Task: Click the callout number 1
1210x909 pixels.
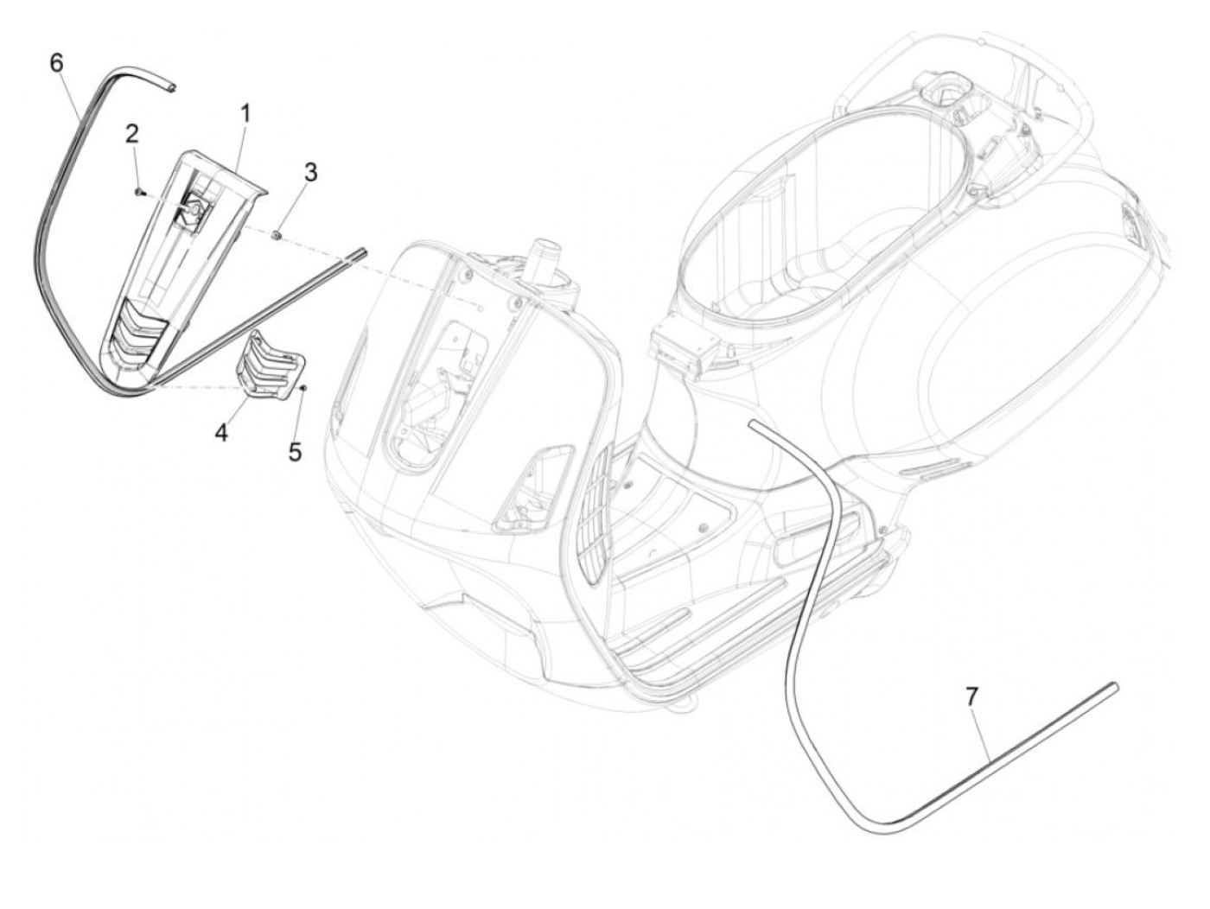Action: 245,113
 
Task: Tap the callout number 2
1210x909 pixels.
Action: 131,133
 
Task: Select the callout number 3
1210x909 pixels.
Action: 310,172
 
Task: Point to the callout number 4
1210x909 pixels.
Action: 222,433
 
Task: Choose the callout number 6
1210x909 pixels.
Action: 57,62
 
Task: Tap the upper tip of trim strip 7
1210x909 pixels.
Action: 755,423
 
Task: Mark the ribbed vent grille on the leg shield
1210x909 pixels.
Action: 593,509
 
